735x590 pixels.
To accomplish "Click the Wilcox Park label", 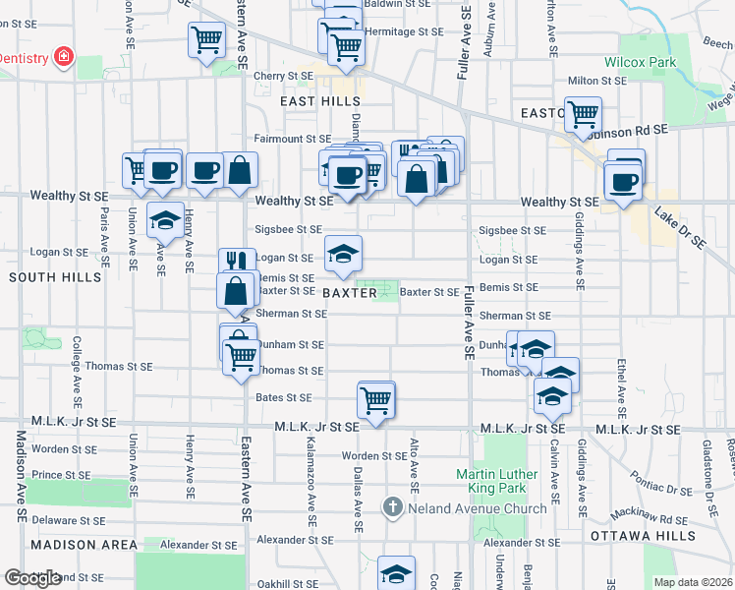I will click(x=640, y=62).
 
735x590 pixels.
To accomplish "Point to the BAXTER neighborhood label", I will click(x=350, y=293).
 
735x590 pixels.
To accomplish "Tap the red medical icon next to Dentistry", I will click(x=64, y=57).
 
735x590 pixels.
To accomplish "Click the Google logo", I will click(x=32, y=578).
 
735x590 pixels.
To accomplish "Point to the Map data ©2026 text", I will click(x=694, y=582).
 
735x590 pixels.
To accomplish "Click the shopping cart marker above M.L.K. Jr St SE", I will click(x=376, y=399).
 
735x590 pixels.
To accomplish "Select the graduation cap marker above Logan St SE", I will click(x=343, y=254).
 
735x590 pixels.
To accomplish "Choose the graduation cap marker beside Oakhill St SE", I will click(x=396, y=573).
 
